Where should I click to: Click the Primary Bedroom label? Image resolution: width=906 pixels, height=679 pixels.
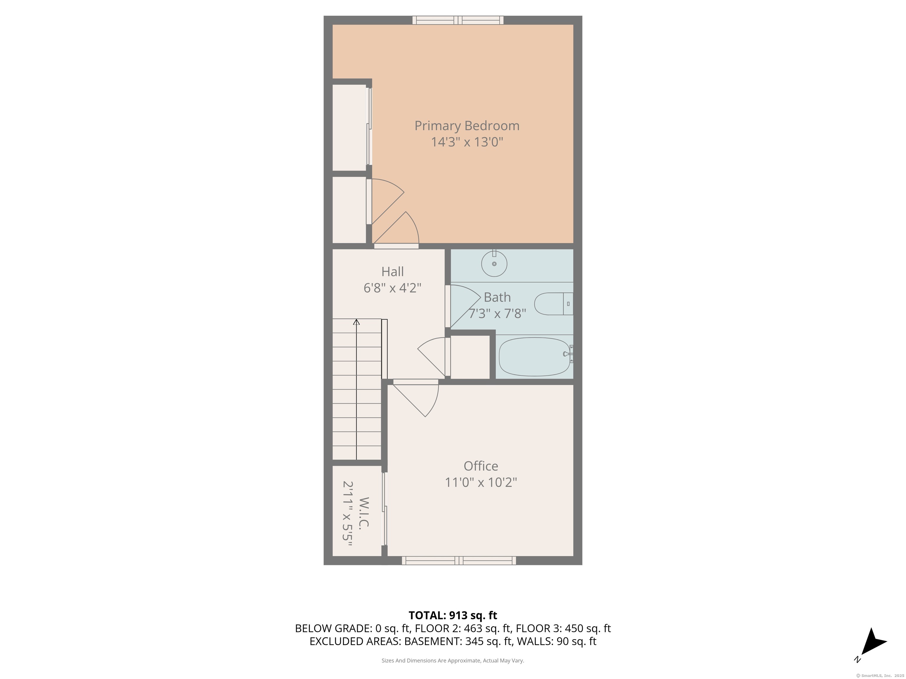[467, 126]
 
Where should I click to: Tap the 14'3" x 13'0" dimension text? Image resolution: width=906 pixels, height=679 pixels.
[467, 142]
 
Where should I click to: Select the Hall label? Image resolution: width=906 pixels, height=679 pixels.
[392, 271]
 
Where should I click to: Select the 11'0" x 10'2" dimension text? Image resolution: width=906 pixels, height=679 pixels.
[481, 482]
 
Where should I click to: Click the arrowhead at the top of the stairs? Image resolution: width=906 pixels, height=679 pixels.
[356, 322]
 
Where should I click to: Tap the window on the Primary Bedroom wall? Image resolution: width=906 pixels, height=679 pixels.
[458, 20]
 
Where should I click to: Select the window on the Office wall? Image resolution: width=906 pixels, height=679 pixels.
[459, 561]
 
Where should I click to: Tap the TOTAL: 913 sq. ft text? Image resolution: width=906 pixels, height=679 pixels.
[453, 615]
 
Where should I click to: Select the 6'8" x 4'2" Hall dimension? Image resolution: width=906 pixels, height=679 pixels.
[392, 288]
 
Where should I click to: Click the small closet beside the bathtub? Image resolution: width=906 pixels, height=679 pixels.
[470, 357]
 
